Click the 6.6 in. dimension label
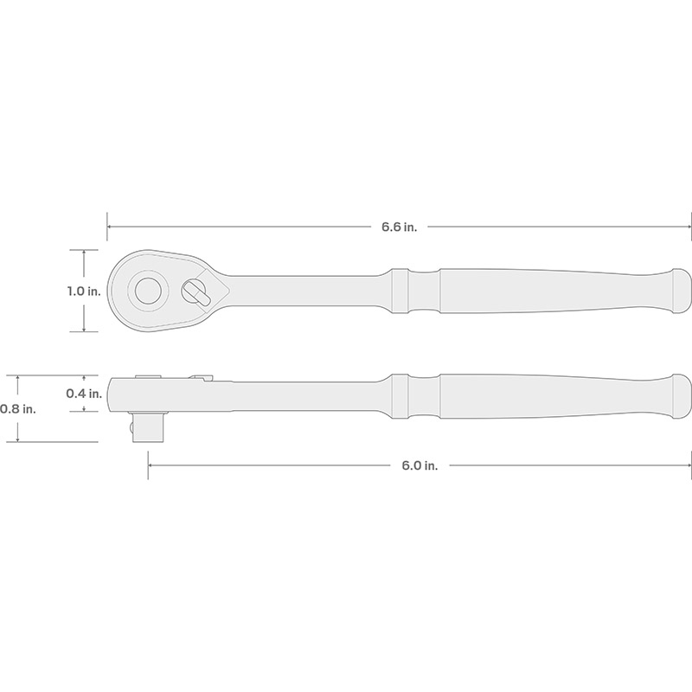[x=399, y=227]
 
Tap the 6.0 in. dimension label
[x=420, y=465]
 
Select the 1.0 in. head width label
[x=84, y=292]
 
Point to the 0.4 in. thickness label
[x=84, y=394]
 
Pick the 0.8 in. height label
[x=17, y=409]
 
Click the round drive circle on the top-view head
[x=147, y=291]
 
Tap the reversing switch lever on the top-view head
[x=197, y=293]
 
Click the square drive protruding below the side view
[x=148, y=427]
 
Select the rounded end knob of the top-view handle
[x=682, y=292]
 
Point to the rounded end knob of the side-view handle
[x=682, y=397]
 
